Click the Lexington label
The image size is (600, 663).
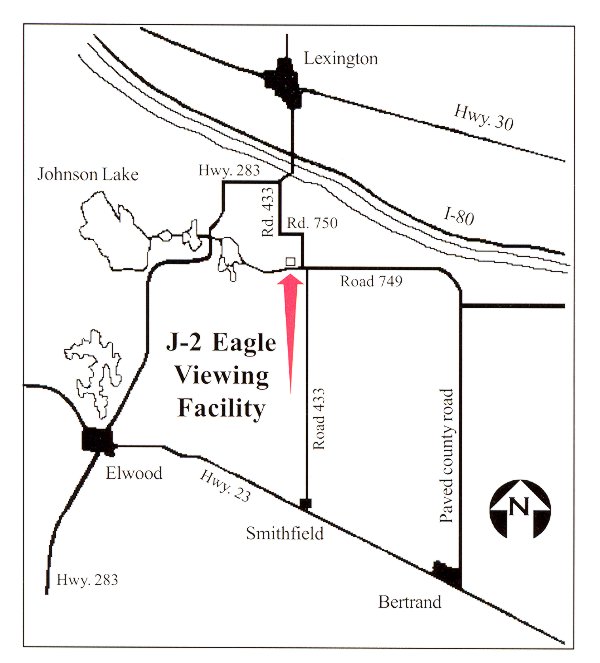click(341, 59)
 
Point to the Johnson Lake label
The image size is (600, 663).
click(88, 175)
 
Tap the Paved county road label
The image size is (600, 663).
click(447, 455)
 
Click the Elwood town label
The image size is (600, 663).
click(133, 474)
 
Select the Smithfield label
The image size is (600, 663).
click(284, 534)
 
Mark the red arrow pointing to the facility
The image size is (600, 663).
click(290, 330)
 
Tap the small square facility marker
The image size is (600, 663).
click(290, 261)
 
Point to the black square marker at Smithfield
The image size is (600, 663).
click(305, 501)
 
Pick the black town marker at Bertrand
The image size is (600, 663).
click(446, 573)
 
